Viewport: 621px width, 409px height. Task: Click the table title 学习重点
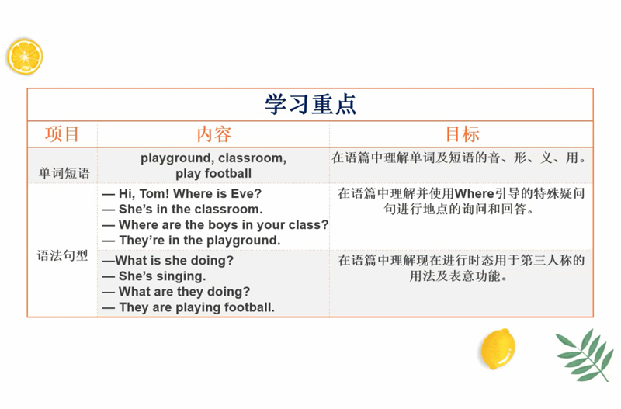[x=310, y=104]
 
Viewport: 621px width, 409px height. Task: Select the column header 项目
[x=62, y=133]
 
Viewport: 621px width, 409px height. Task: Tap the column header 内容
[x=214, y=134]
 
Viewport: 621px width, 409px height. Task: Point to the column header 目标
[x=462, y=133]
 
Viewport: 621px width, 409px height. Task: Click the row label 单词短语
[x=64, y=173]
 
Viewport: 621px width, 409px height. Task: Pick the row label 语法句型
[x=63, y=255]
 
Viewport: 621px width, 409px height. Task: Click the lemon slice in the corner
[x=25, y=56]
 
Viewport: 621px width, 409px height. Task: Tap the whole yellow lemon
[x=498, y=348]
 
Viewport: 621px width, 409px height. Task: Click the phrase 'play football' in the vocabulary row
[x=213, y=173]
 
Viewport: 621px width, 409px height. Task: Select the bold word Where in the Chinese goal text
[x=474, y=193]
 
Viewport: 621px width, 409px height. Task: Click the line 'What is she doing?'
[x=168, y=261]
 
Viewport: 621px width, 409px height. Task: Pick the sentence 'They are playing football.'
[x=189, y=307]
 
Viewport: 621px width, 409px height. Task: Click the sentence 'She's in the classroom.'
[x=182, y=209]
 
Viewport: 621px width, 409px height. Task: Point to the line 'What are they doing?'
[x=176, y=292]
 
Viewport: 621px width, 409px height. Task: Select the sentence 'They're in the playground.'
[x=191, y=241]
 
